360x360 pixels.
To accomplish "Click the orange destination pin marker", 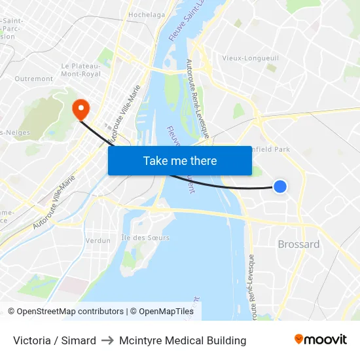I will [x=81, y=109].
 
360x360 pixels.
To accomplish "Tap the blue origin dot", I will [x=279, y=187].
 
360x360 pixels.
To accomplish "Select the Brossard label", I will [x=298, y=244].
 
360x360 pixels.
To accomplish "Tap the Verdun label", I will [x=98, y=240].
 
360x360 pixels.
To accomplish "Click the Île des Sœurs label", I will [x=145, y=237].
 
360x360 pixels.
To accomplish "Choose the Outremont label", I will [x=33, y=79].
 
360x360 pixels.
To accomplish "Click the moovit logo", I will [x=320, y=340].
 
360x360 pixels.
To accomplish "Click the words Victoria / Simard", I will [x=54, y=340].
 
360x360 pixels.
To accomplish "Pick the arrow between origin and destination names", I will [x=107, y=340].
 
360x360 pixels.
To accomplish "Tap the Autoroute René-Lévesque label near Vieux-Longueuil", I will [x=197, y=98].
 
